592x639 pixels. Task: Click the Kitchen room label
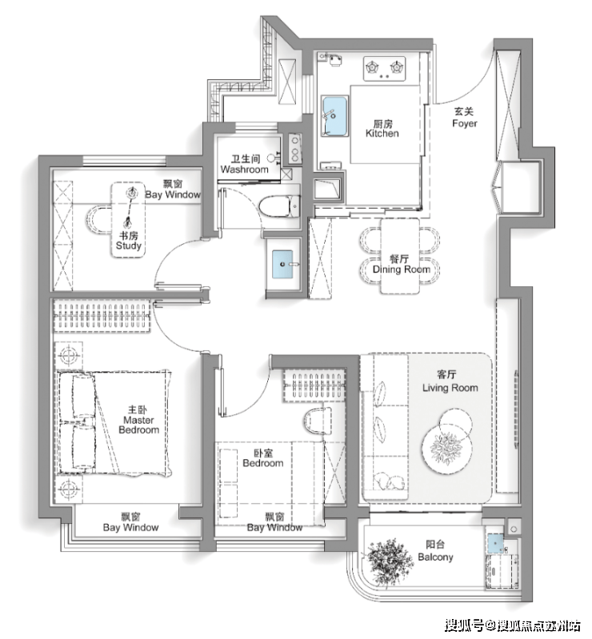382,129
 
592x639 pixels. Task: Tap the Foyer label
464,118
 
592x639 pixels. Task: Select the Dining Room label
401,264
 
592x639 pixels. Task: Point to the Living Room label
450,381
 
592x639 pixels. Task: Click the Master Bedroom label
138,420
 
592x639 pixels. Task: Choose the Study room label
129,241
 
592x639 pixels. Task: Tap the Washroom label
244,164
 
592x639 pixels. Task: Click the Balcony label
435,551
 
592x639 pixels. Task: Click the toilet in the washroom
280,206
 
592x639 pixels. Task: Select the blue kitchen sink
334,116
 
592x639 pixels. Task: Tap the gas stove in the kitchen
385,69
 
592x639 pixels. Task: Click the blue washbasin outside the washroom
282,264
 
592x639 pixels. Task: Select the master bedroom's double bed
113,423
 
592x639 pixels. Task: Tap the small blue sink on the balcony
495,543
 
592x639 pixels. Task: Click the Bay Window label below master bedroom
130,522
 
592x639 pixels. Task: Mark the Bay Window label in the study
173,189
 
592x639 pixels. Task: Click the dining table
399,256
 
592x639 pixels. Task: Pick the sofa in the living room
386,427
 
